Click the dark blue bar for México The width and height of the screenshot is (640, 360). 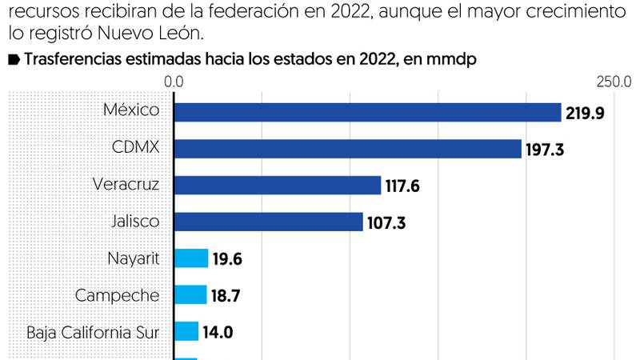tap(367, 112)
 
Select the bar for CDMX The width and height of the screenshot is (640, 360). tap(348, 149)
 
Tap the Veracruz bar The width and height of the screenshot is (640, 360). tap(278, 186)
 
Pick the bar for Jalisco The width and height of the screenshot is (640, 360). tap(269, 222)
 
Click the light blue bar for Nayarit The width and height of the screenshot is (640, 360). tap(191, 258)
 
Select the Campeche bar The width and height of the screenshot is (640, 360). tap(190, 295)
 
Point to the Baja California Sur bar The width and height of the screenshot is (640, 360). tap(186, 331)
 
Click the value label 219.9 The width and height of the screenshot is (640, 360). tap(585, 113)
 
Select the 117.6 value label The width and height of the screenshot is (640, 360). tap(403, 186)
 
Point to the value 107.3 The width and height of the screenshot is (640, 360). tap(386, 222)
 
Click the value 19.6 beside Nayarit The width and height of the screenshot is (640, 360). tap(228, 259)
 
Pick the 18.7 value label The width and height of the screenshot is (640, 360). tap(226, 296)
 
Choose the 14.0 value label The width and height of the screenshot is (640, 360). tap(216, 332)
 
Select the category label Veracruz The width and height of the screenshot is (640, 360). tap(126, 185)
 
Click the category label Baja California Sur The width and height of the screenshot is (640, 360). tap(93, 331)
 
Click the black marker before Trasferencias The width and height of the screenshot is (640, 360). tap(14, 60)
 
